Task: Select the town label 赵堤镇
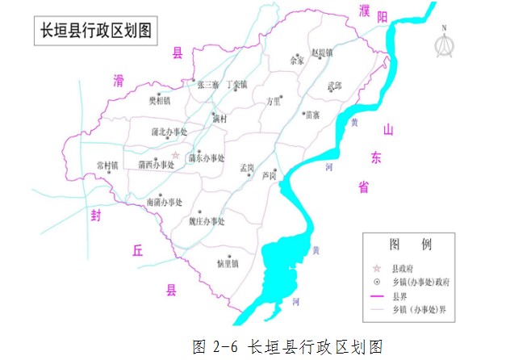coord(320,52)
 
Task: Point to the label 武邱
coord(334,86)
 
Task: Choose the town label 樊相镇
coord(160,101)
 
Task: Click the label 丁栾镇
coord(236,84)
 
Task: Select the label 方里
coord(274,102)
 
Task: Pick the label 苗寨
coord(312,115)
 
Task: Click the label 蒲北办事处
coord(169,132)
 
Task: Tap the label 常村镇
coord(107,165)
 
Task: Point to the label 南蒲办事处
coord(165,203)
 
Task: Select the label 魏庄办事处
coord(207,221)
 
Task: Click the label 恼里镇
coord(228,263)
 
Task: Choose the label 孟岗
coord(247,168)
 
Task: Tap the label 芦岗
coord(270,175)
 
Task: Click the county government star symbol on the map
coord(176,153)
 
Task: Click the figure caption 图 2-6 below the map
coord(286,347)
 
